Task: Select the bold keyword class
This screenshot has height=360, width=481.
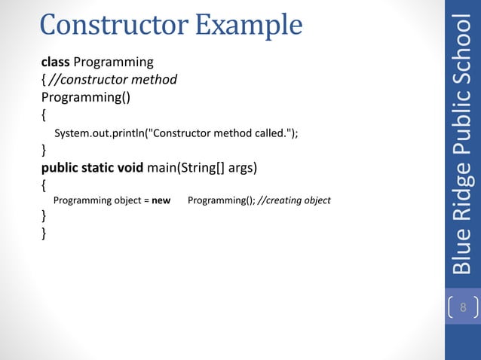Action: click(x=55, y=61)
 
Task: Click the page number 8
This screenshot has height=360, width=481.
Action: click(x=463, y=308)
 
